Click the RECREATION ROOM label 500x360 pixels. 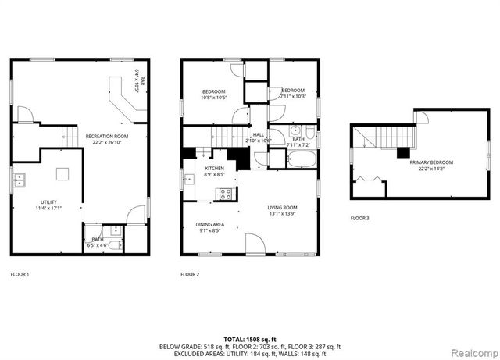107,136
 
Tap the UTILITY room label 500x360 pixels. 48,204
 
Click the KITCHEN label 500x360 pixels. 215,169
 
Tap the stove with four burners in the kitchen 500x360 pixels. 225,194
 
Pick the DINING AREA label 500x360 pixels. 209,225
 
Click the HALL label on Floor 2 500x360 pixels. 259,134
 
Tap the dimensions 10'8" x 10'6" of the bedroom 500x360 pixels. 213,98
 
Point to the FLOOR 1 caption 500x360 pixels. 20,274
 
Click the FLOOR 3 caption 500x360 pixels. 359,218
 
